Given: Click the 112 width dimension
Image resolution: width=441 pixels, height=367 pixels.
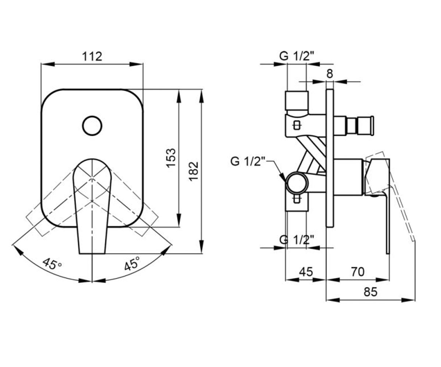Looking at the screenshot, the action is (x=92, y=56).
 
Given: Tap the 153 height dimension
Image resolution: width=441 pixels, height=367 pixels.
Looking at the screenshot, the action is (x=171, y=158).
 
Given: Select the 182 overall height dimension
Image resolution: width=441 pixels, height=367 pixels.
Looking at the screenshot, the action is (x=194, y=171).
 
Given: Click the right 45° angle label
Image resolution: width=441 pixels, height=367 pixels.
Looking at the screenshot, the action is (x=132, y=264).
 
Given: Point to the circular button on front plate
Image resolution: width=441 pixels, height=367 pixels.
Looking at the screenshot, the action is (x=92, y=126).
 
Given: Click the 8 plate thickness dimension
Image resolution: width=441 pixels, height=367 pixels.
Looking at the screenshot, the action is (x=330, y=74).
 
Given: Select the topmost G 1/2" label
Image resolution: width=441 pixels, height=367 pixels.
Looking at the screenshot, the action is (x=297, y=56).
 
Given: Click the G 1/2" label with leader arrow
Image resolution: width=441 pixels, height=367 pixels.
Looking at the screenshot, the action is (x=248, y=161).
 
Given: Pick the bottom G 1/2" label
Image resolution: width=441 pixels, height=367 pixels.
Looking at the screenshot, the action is (x=297, y=240).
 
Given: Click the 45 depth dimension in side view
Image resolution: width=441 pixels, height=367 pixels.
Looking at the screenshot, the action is (x=306, y=272).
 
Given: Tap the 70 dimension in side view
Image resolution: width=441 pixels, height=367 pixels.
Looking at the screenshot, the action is (x=358, y=272).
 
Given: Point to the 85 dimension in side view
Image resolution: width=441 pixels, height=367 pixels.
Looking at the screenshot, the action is (x=370, y=292).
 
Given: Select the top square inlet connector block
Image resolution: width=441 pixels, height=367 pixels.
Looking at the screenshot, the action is (x=297, y=101).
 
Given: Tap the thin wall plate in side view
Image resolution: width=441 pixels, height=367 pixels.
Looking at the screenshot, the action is (x=330, y=158).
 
